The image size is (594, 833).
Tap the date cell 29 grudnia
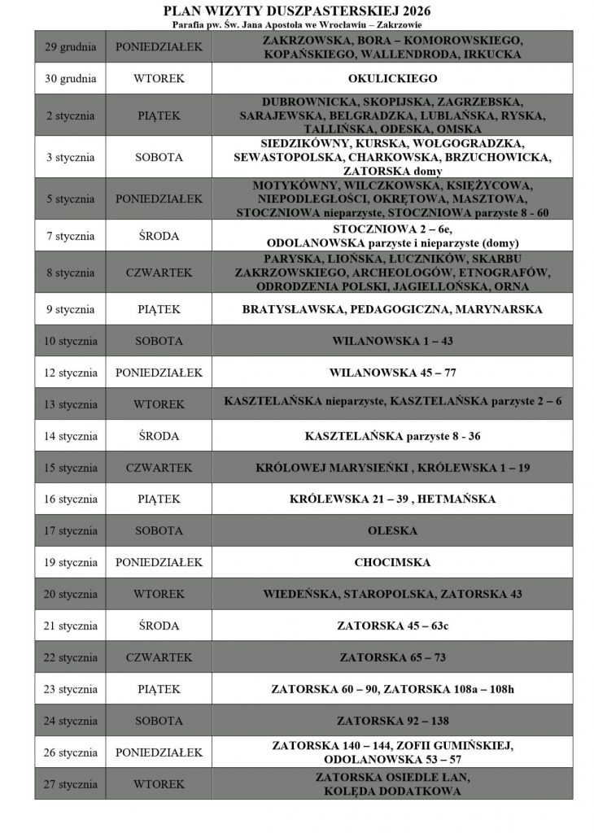pos(70,46)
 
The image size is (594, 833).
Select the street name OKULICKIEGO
pos(392,79)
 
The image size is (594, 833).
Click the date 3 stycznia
pos(70,157)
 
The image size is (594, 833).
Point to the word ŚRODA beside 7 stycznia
pos(159,236)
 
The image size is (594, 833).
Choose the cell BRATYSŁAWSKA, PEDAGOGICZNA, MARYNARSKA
pos(392,309)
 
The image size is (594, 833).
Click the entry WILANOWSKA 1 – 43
pos(392,341)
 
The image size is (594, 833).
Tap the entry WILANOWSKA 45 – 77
pos(392,373)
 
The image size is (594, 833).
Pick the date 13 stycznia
pos(70,404)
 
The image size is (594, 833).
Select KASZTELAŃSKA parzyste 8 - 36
pos(392,436)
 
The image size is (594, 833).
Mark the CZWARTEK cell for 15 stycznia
pos(159,468)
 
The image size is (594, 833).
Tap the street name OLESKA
pos(392,530)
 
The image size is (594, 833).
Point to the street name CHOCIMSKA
pos(392,562)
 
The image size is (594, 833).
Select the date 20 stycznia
pos(70,594)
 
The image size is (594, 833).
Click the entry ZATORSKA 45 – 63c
pos(392,626)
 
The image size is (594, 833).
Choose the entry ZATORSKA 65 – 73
pos(392,657)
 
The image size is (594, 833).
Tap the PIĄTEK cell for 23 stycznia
pos(159,689)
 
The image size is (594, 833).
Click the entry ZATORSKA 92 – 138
pos(392,721)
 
